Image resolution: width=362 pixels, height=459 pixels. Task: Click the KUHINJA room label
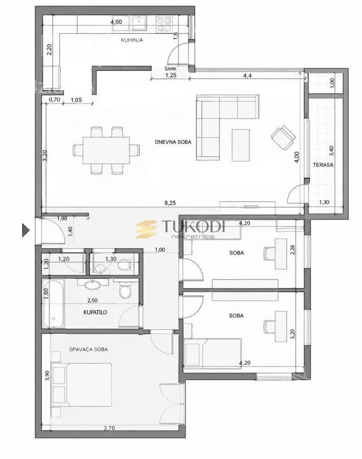coord(132,40)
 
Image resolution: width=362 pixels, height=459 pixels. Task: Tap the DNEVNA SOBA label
coord(173,142)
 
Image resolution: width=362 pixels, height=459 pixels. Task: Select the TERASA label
coord(323,165)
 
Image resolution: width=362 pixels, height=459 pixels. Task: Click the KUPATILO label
coord(95,312)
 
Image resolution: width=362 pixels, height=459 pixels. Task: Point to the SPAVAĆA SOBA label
coord(88,349)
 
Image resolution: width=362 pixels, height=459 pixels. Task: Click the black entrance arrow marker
coord(26,230)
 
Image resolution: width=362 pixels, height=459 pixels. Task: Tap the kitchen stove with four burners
coord(164,23)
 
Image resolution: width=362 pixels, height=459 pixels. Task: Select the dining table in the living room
coord(106,150)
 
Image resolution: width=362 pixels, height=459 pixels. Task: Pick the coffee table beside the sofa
coord(241,145)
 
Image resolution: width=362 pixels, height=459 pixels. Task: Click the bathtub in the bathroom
coord(54,303)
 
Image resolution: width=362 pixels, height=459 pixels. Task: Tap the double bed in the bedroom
coord(82,385)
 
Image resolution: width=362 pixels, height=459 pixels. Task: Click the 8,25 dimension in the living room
coord(170,202)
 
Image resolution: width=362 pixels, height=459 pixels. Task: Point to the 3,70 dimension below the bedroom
coord(109,428)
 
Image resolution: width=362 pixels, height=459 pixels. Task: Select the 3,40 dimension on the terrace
coord(331,150)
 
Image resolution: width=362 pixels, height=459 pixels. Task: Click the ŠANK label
coord(170,69)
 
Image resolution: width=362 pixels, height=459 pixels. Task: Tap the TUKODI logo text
coord(193,226)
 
